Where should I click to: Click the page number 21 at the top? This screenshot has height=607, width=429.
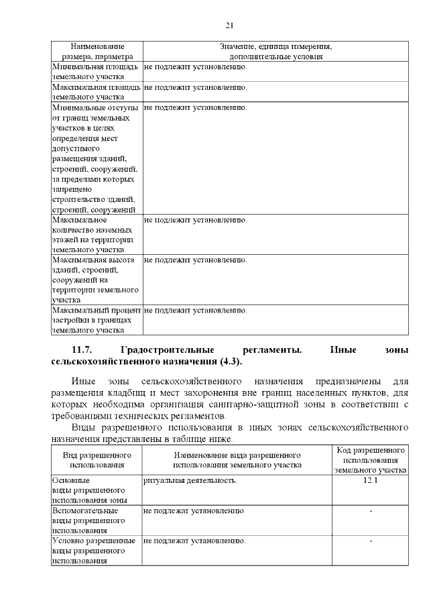[229, 25]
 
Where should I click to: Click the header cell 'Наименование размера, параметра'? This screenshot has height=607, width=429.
[97, 52]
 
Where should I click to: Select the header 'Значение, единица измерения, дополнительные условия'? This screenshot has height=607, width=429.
[275, 52]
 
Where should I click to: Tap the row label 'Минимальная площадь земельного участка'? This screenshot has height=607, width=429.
[96, 72]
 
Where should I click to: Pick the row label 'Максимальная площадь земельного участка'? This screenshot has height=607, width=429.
[96, 92]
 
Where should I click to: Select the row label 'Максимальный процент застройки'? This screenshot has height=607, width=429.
[96, 320]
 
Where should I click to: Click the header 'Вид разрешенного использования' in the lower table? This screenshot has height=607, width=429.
[97, 459]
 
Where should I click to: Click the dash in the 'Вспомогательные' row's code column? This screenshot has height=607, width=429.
[371, 512]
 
